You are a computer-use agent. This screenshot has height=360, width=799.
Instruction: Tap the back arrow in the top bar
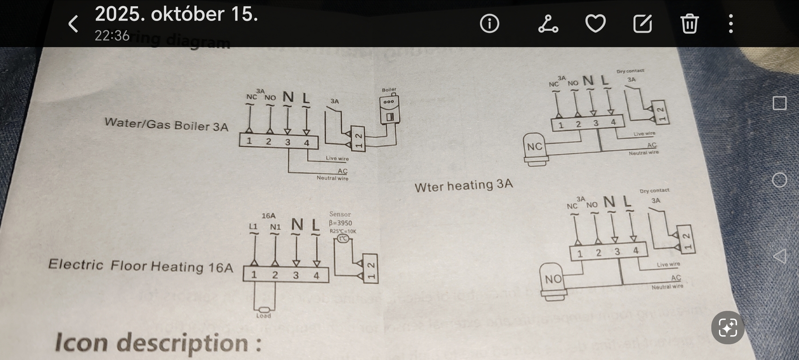point(73,24)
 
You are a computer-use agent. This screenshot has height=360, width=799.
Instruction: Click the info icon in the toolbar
point(489,24)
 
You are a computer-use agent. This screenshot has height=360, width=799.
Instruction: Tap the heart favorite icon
point(596,24)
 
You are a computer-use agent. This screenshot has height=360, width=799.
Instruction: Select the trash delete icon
point(690,24)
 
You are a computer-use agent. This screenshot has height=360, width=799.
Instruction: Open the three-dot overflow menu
point(731,24)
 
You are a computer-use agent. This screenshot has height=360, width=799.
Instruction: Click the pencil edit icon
point(643,24)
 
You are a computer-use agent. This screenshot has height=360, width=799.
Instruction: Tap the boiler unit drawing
point(390,110)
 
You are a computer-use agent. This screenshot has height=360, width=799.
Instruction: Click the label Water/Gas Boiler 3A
point(166,124)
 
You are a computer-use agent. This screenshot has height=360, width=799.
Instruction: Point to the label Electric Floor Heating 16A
point(141,266)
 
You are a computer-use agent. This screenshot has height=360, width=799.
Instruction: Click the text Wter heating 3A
point(464,185)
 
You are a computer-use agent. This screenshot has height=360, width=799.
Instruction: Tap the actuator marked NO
point(553,280)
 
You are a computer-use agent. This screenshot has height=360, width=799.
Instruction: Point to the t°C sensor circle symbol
point(343,238)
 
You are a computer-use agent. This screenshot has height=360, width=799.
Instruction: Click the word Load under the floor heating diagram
point(263,316)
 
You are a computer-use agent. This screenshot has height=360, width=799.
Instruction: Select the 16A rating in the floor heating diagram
point(268,216)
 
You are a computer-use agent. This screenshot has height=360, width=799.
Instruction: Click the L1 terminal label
point(253,226)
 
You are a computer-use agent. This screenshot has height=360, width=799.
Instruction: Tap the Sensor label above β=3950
point(340,214)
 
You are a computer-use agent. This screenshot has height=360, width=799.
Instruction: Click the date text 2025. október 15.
point(176,14)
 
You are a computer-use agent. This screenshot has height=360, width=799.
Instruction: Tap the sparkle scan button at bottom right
point(727,328)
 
